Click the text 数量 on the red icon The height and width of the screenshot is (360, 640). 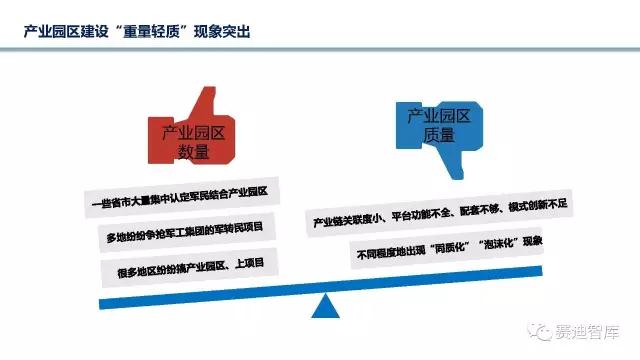pos(194,152)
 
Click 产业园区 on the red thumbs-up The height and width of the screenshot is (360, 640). pos(194,132)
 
